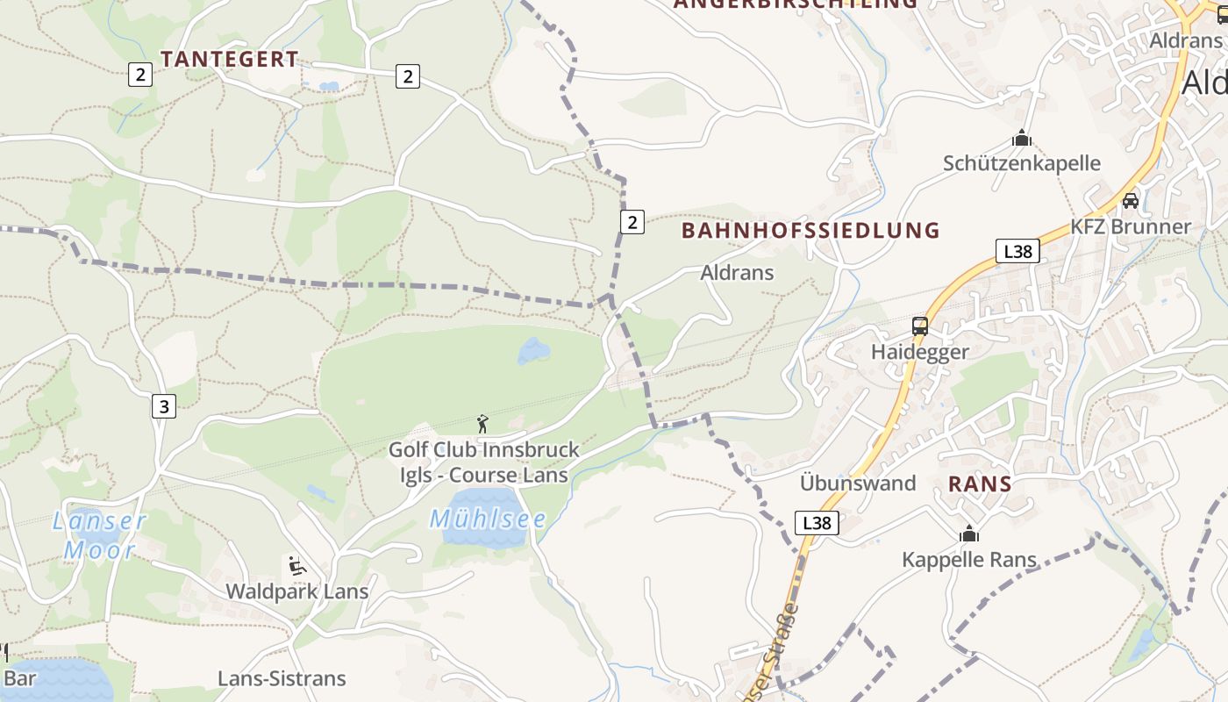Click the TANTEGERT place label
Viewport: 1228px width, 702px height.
pos(230,59)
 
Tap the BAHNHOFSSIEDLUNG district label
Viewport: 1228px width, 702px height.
pos(810,230)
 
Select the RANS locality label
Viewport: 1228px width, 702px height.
pos(980,484)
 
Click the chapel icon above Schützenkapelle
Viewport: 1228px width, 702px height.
pos(1021,139)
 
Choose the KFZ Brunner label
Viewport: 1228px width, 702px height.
pos(1131,226)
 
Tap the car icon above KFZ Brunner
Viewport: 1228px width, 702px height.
pos(1131,201)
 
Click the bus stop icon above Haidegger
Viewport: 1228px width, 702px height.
pos(919,326)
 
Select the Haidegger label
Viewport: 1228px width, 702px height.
pos(919,352)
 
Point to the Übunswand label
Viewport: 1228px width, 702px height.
pos(857,484)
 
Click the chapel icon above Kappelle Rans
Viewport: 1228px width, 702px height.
pos(969,534)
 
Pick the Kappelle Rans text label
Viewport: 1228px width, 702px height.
pos(969,559)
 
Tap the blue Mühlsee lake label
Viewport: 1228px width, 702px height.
pos(488,519)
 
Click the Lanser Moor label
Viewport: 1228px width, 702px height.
pos(99,535)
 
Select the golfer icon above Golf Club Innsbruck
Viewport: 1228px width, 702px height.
pos(482,425)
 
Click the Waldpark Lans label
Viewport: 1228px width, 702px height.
pos(297,591)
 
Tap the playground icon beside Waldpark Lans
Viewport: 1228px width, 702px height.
pos(296,565)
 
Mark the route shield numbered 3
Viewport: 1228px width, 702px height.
pos(163,406)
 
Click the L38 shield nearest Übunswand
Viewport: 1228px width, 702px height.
pos(817,523)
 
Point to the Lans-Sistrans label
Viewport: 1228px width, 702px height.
pos(282,678)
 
